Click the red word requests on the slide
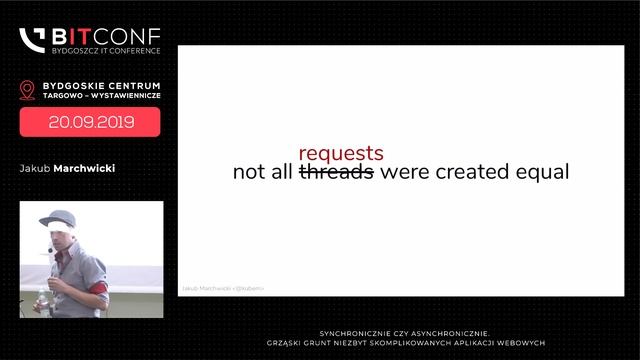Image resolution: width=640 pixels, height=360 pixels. [x=341, y=153]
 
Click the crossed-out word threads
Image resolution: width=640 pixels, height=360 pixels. [x=337, y=172]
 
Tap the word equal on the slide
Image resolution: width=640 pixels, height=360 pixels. [x=541, y=172]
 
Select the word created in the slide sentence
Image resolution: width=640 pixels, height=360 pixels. [x=468, y=172]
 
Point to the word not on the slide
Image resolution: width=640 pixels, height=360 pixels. [x=248, y=172]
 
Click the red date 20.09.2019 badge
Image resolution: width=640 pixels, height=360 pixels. [x=90, y=122]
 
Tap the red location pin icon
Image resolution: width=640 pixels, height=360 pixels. [x=27, y=90]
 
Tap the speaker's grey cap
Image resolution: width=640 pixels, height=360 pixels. [x=58, y=218]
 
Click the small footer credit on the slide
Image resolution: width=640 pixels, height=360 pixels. [x=222, y=288]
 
